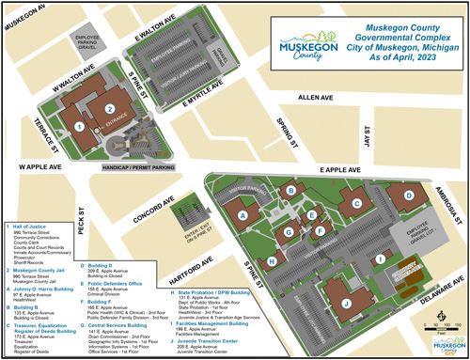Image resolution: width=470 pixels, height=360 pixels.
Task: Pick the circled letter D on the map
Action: tap(408, 197)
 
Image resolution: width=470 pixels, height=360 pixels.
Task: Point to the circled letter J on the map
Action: tap(345, 304)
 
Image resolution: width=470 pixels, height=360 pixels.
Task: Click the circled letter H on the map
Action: tap(273, 261)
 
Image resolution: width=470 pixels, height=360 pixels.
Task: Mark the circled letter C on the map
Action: tap(355, 200)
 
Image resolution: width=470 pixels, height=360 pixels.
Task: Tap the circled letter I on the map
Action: tap(380, 258)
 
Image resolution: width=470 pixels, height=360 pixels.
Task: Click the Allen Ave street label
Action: tap(315, 97)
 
